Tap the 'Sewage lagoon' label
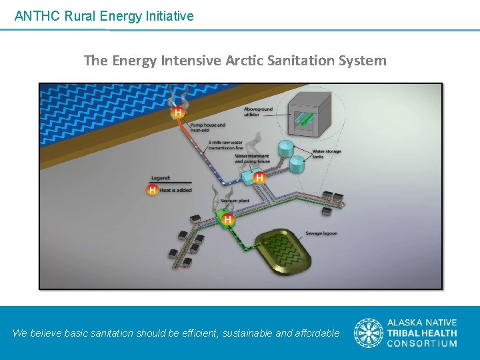click(x=322, y=234)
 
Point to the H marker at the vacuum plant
click(x=228, y=219)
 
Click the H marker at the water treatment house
click(x=259, y=178)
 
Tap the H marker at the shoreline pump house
click(x=177, y=113)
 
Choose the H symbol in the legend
click(x=153, y=190)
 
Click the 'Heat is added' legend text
click(x=176, y=191)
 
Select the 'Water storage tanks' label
click(x=327, y=154)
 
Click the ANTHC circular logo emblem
click(x=368, y=333)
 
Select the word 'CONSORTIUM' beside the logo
click(x=423, y=344)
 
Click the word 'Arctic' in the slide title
click(x=245, y=61)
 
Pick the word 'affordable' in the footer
click(x=317, y=333)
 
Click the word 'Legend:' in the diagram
click(x=161, y=178)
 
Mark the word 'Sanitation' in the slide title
click(x=302, y=61)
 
